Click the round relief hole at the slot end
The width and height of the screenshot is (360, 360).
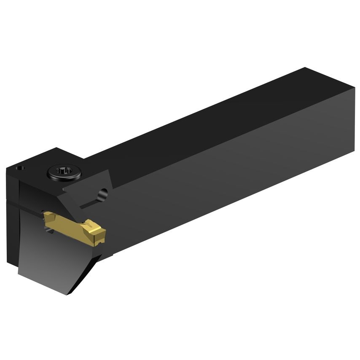click(102, 194)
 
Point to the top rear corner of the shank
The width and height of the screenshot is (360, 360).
click(304, 68)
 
